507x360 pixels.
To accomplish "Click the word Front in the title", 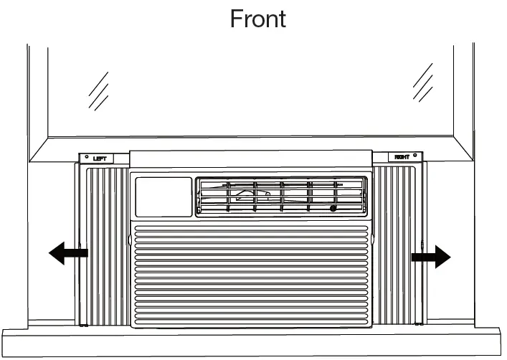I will (257, 18).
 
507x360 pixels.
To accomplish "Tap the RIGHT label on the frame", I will (402, 157).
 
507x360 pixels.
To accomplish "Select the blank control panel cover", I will (164, 196).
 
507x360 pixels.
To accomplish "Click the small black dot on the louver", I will (333, 208).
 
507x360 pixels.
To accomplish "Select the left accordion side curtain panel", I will (108, 244).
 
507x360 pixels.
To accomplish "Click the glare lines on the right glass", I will (423, 82).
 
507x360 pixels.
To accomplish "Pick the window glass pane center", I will (251, 86).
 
